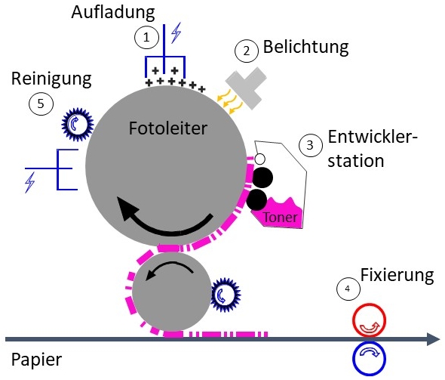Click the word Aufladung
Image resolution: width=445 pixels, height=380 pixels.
113,14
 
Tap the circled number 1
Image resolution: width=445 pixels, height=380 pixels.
146,37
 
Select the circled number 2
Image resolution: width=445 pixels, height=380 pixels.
247,51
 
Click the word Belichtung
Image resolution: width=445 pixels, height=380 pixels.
306,47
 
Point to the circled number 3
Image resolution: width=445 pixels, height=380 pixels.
311,145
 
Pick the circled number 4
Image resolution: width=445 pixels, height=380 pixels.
348,289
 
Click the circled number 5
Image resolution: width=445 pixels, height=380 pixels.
41,103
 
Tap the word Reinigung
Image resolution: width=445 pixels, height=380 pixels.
51,79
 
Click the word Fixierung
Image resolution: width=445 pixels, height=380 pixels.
397,275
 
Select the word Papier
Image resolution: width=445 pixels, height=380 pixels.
36,360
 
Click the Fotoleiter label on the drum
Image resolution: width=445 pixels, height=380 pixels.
168,128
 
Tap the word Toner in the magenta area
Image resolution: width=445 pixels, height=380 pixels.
280,218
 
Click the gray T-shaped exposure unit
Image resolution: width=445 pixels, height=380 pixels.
247,88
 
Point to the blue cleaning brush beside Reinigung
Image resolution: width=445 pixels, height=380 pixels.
78,124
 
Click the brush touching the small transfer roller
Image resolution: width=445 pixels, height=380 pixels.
225,295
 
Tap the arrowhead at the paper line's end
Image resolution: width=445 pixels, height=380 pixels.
434,339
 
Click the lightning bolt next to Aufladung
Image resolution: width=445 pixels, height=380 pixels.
176,32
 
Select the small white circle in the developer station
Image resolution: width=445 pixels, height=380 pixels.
260,159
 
